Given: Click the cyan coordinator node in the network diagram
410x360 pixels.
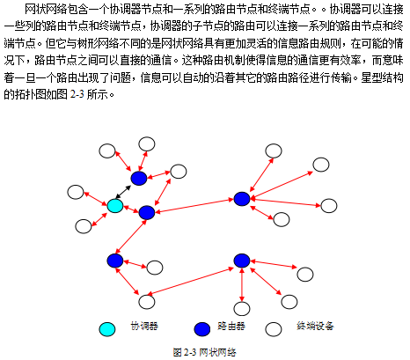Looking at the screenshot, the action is (x=114, y=206).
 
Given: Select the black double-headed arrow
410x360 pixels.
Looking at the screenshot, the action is (x=123, y=192).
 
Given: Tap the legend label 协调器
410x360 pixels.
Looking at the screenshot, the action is (x=144, y=326).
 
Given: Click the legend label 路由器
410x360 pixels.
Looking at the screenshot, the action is (x=231, y=326).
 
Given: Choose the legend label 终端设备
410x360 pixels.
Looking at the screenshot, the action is (x=315, y=326).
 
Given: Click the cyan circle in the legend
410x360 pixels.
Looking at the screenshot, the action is (x=107, y=329).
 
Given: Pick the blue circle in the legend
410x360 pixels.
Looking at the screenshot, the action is (x=202, y=329).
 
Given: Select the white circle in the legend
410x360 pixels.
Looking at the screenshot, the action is (x=274, y=329).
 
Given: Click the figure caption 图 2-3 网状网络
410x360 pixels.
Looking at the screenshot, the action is (x=205, y=352).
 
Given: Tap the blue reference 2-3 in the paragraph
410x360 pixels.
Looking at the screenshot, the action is (x=77, y=94).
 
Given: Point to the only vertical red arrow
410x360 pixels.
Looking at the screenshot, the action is (x=242, y=284).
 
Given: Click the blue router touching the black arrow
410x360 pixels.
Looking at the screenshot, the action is (x=139, y=178).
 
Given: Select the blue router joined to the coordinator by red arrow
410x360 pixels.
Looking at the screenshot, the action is (x=147, y=212).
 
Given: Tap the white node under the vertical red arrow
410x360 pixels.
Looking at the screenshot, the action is (x=242, y=309).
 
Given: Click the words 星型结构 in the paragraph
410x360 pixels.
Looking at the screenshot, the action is (x=382, y=77).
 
